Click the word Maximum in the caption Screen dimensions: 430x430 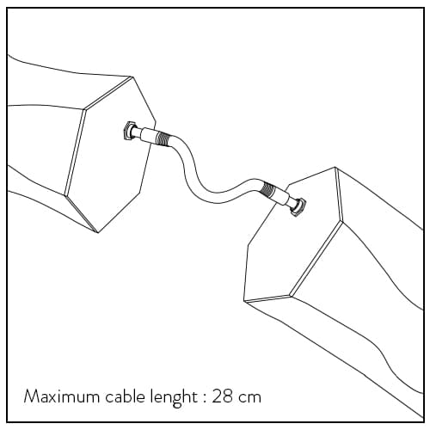[x=62, y=396]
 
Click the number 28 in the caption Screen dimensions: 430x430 [x=223, y=396]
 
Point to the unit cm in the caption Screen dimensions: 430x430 [x=250, y=399]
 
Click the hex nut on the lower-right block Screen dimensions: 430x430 [x=298, y=207]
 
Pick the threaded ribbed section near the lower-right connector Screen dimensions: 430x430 [x=268, y=190]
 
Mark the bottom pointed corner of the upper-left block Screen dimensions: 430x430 [x=98, y=232]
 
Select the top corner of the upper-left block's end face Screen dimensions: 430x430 [x=132, y=77]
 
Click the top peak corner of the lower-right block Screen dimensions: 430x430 [x=335, y=167]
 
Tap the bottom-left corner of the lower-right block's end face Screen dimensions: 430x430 [x=243, y=301]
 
